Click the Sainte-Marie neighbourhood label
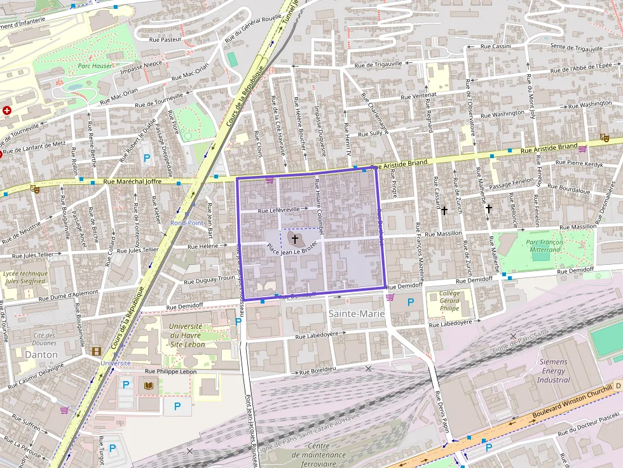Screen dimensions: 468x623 click(x=356, y=314)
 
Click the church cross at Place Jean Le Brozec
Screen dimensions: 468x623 click(x=295, y=239)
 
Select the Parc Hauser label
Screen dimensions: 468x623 click(x=95, y=65)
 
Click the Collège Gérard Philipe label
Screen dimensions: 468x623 click(x=449, y=300)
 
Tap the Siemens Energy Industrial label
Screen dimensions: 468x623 click(x=553, y=371)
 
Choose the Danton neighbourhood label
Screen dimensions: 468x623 click(x=41, y=354)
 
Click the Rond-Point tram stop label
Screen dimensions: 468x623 click(x=186, y=223)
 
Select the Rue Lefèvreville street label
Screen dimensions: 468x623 click(x=278, y=210)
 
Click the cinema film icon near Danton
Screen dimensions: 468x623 click(x=96, y=351)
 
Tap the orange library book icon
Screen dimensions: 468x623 click(x=149, y=385)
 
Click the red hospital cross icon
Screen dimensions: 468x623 click(x=7, y=110)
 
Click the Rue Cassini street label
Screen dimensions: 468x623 click(x=496, y=46)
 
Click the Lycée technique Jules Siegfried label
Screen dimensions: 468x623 click(x=25, y=276)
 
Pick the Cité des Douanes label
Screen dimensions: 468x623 click(x=45, y=338)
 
